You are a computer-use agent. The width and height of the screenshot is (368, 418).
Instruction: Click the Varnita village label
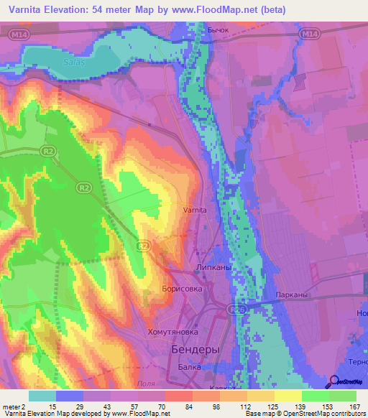(x=195, y=210)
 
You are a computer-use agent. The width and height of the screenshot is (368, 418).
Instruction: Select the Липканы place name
(x=212, y=266)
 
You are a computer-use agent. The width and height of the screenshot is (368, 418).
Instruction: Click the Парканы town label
(x=292, y=295)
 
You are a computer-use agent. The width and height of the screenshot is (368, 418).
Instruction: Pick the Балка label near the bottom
(x=190, y=366)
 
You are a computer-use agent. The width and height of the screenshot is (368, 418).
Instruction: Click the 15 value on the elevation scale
(x=53, y=406)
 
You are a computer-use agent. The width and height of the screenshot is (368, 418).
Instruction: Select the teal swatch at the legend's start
(x=42, y=396)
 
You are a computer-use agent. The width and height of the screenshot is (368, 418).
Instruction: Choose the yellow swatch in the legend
(x=287, y=396)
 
